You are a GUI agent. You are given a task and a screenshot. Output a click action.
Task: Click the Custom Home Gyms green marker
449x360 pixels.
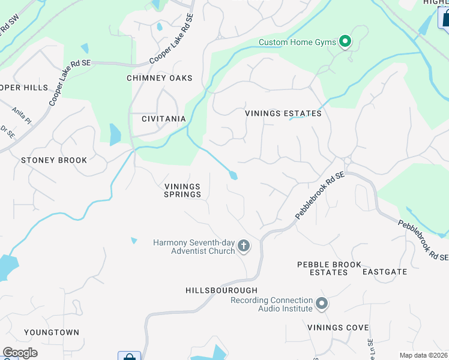click(x=345, y=42)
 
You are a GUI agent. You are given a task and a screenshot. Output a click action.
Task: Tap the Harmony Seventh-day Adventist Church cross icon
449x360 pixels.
click(x=244, y=245)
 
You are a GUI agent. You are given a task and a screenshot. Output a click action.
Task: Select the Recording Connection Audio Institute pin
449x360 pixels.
click(x=322, y=304)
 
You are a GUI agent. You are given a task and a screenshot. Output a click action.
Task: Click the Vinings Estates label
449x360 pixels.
click(x=283, y=113)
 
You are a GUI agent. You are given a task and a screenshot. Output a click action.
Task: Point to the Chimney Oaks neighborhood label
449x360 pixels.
click(x=160, y=78)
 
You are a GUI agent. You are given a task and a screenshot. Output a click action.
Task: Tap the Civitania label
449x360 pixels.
click(x=163, y=119)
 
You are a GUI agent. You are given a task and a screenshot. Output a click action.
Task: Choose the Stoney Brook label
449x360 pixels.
click(x=54, y=160)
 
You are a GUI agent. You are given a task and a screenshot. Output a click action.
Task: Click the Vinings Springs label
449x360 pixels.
click(x=182, y=190)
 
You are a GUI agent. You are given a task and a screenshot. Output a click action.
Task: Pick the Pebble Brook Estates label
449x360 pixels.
click(x=330, y=268)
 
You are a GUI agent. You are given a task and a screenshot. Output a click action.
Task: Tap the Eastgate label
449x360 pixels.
click(x=385, y=272)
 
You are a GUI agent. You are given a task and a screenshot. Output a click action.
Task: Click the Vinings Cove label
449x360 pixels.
click(x=338, y=328)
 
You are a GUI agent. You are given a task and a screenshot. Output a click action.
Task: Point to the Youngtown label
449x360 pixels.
click(x=52, y=332)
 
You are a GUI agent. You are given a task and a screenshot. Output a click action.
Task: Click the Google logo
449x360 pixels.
click(x=20, y=353)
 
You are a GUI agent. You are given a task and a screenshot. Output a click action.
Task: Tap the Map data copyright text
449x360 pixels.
click(x=423, y=355)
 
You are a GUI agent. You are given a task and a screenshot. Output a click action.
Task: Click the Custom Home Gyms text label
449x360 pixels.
click(x=297, y=42)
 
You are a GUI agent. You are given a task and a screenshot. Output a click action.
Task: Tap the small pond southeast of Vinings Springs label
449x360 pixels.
click(x=133, y=241)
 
